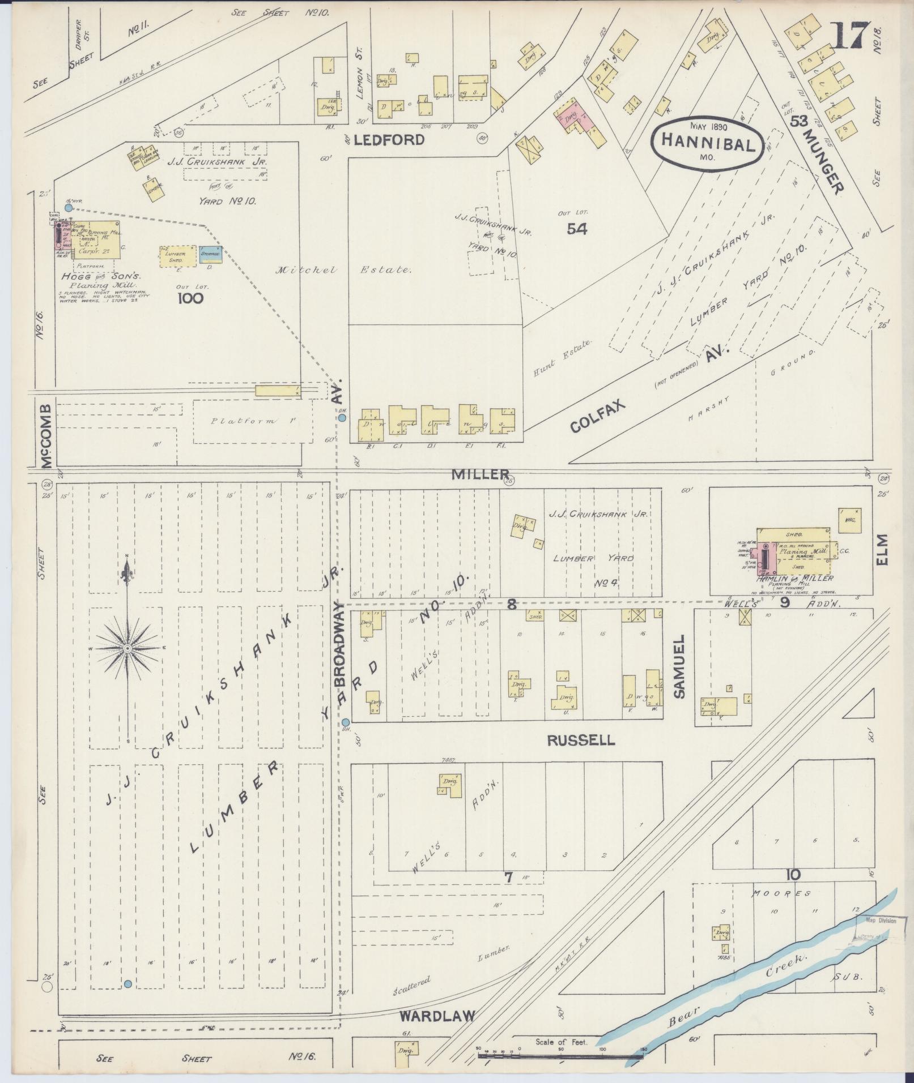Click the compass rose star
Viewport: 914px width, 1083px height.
point(128,647)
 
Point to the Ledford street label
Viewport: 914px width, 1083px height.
point(389,140)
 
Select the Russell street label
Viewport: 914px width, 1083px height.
point(581,740)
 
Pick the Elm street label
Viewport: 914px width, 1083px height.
point(882,549)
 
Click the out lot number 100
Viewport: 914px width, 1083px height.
point(190,298)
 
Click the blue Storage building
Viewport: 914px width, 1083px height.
point(210,254)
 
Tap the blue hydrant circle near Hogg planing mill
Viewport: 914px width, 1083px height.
point(68,208)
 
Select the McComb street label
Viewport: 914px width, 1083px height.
point(46,436)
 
